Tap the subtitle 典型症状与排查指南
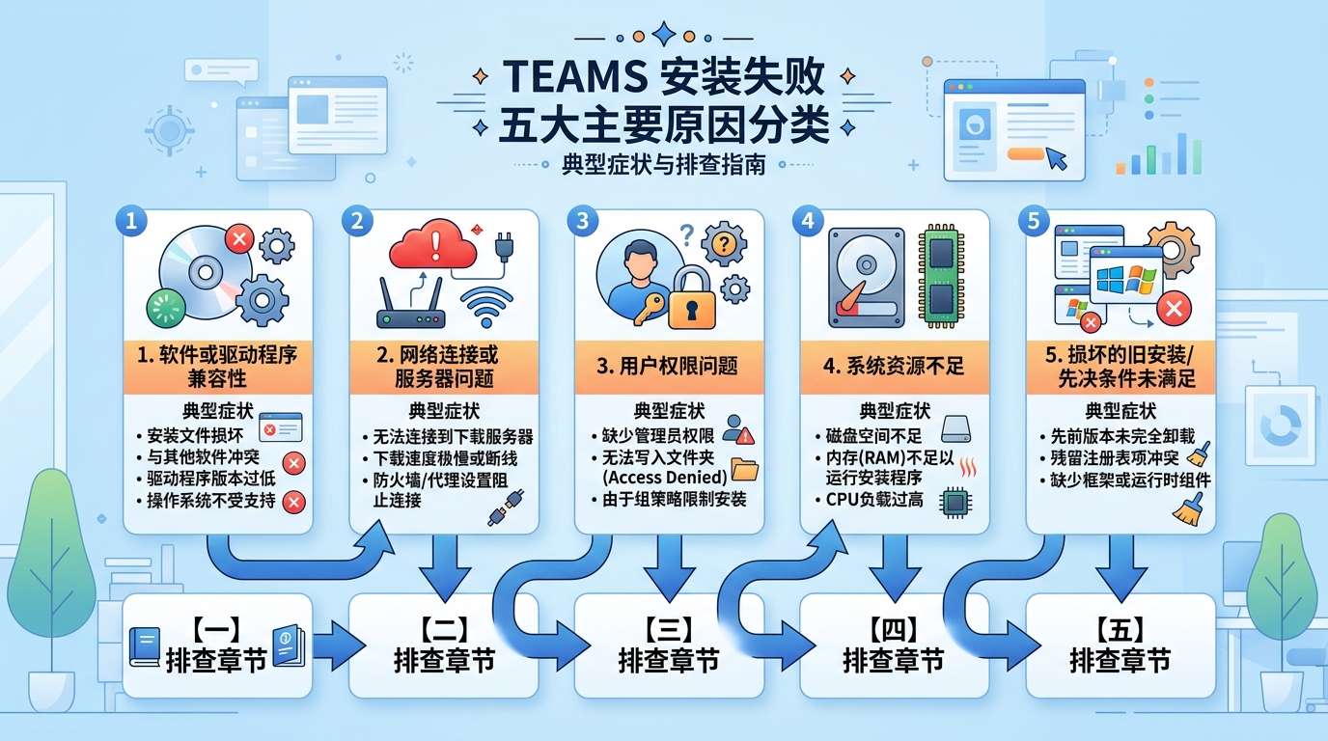(663, 165)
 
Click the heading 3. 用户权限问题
(668, 366)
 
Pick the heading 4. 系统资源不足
(894, 366)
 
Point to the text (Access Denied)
(664, 477)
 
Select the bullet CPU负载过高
(874, 500)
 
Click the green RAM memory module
(941, 275)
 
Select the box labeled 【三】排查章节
(668, 645)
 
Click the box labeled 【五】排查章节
(1120, 645)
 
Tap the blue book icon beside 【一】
(144, 646)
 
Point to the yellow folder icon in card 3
(744, 469)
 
